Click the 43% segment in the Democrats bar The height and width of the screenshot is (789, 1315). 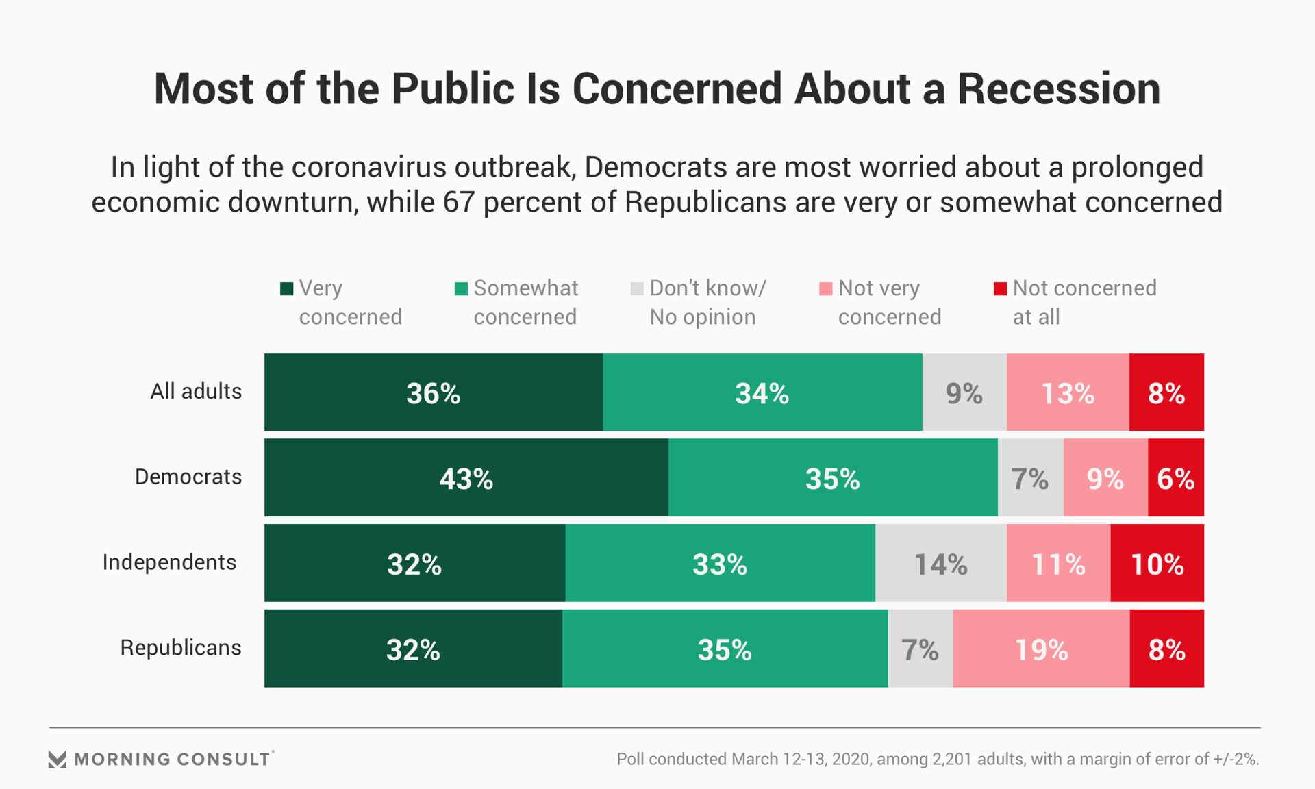point(466,478)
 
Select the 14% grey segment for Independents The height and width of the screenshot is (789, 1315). point(940,564)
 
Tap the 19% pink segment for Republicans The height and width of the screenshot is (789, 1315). point(1041,649)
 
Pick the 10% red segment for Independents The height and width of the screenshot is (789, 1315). point(1157,564)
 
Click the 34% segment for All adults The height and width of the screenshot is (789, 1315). point(762,392)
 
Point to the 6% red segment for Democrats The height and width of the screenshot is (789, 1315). point(1175,478)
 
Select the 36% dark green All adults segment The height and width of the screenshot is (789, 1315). point(433,392)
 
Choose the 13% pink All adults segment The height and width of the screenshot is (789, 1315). point(1067,392)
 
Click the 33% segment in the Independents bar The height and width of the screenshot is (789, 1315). point(719,564)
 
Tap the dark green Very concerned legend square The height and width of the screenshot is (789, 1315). point(287,289)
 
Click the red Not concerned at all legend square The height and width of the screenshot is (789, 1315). point(1001,289)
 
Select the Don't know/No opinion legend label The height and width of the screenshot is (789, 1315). point(707,302)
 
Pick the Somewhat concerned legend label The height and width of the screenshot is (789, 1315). point(525,302)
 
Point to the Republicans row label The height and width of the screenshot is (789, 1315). point(181,647)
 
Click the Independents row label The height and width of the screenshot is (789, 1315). point(169,562)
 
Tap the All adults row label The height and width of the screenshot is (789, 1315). point(196,391)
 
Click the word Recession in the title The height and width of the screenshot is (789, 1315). point(1058,89)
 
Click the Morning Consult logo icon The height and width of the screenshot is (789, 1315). point(58,759)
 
